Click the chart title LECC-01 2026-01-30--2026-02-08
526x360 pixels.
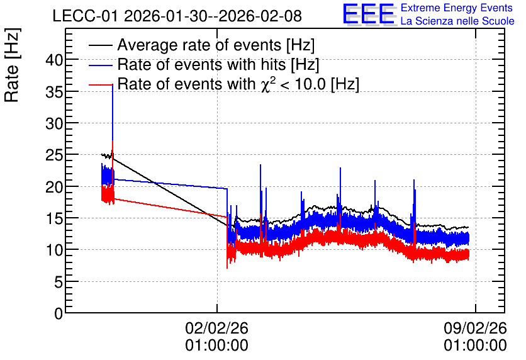pyautogui.click(x=177, y=16)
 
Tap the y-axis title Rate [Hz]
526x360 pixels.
pyautogui.click(x=12, y=65)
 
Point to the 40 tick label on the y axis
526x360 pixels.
pyautogui.click(x=54, y=60)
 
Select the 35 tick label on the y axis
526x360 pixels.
pyautogui.click(x=54, y=93)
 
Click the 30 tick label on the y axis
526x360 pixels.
pyautogui.click(x=54, y=124)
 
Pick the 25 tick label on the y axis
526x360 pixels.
pyautogui.click(x=54, y=155)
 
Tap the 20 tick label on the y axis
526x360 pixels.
pyautogui.click(x=54, y=187)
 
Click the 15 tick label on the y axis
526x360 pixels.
pyautogui.click(x=54, y=219)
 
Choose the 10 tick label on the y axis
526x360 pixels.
pyautogui.click(x=54, y=250)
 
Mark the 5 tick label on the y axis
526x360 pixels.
pyautogui.click(x=59, y=282)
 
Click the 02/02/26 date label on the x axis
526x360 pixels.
pyautogui.click(x=216, y=328)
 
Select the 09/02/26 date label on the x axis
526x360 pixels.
pyautogui.click(x=475, y=328)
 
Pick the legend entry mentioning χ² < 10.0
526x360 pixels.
pyautogui.click(x=238, y=84)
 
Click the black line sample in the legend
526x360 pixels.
pyautogui.click(x=101, y=45)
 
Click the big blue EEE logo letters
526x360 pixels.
pyautogui.click(x=369, y=14)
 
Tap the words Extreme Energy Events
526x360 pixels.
pyautogui.click(x=457, y=8)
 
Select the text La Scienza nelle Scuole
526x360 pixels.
pyautogui.click(x=457, y=21)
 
